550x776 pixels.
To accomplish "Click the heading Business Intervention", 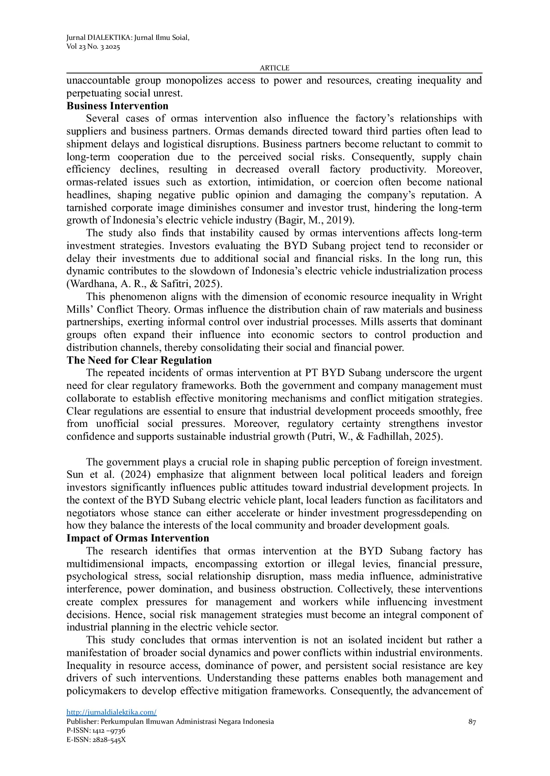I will click(117, 106).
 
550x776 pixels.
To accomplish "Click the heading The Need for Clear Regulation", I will click(139, 360).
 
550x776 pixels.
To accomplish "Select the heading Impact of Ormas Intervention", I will click(138, 538).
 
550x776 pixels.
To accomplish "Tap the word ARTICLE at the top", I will click(275, 68).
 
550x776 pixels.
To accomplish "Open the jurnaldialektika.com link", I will click(112, 712).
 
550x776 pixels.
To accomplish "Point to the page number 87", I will click(472, 722).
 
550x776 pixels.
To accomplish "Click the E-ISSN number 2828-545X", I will click(109, 739).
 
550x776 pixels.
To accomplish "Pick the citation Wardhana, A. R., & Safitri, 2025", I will click(144, 284).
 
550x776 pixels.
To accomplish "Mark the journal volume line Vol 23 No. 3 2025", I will click(93, 46).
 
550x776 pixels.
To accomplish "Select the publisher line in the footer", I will click(170, 722).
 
